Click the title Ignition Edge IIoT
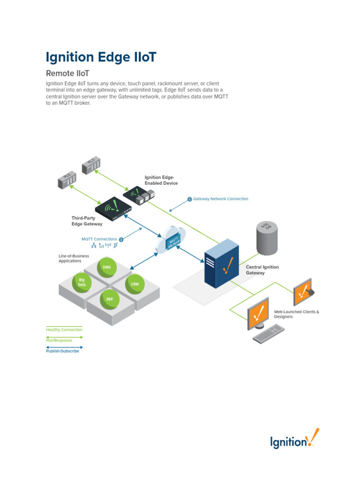(x=101, y=57)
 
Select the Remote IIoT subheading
(x=67, y=74)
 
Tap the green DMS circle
(x=107, y=267)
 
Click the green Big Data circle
(x=82, y=282)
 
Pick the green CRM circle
(x=135, y=284)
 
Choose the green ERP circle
(x=109, y=299)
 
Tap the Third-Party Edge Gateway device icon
(x=112, y=208)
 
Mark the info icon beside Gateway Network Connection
(x=189, y=199)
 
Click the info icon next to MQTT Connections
(x=121, y=239)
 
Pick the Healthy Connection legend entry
(x=64, y=330)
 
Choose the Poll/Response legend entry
(x=59, y=340)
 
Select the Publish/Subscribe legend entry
(x=62, y=351)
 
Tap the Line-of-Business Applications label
(x=74, y=259)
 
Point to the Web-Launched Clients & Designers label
(x=296, y=314)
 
